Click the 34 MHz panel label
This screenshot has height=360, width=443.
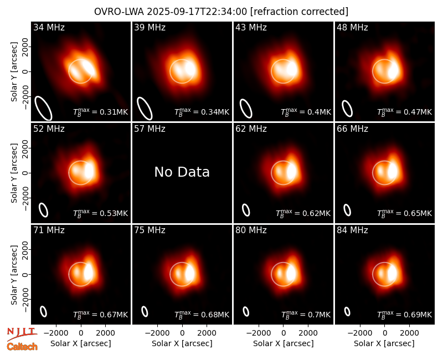49,27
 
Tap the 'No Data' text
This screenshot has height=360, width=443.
182,172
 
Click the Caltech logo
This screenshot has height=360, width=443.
22,347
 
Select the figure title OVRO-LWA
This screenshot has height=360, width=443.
119,12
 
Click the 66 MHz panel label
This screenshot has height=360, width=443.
352,129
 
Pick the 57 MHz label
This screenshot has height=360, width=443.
150,129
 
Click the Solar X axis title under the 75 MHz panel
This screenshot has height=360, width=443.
182,343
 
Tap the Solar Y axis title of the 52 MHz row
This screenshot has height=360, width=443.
14,173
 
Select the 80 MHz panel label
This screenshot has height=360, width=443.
251,230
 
